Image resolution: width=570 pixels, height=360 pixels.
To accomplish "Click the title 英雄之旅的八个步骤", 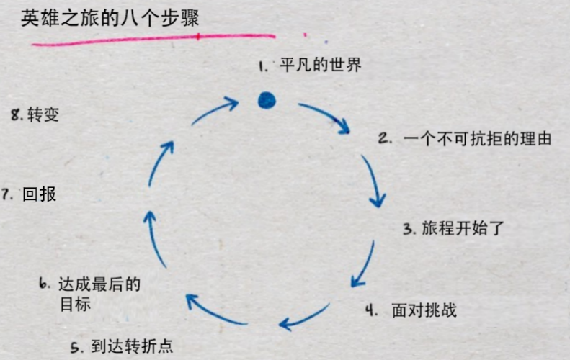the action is click(110, 18).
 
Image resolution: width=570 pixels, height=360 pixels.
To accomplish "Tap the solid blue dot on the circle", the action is click(267, 100).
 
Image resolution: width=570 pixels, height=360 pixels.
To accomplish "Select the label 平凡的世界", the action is click(320, 66).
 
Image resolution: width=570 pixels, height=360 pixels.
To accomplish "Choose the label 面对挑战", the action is click(424, 310).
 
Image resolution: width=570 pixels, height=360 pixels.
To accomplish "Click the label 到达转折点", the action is click(132, 346).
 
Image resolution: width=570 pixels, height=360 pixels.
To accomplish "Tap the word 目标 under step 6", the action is click(75, 304).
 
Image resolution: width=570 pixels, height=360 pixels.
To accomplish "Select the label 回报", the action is click(40, 194).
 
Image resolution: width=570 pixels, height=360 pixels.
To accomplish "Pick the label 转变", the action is click(43, 114).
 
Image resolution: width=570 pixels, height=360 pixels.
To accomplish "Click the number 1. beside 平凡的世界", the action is click(263, 66).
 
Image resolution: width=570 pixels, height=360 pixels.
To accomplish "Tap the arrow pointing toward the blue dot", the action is click(215, 111).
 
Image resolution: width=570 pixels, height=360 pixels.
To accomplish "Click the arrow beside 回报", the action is click(152, 235).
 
